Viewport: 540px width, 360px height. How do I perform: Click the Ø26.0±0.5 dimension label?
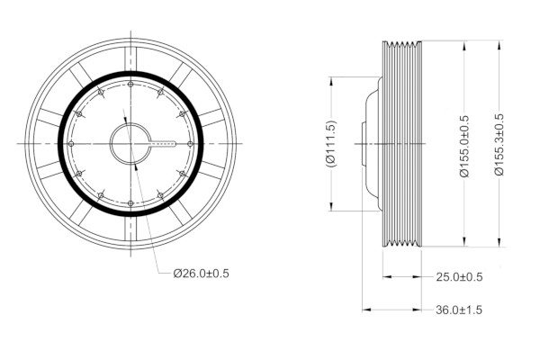[201, 274]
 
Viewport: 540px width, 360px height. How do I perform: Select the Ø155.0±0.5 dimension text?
[464, 146]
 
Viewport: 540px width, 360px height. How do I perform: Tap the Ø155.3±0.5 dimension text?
[499, 145]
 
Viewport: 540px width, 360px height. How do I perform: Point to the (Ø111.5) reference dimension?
[331, 144]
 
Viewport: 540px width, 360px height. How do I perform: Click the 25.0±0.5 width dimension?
[459, 277]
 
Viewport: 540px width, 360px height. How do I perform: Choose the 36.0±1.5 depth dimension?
[459, 310]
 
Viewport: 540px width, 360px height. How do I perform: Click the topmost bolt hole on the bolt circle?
[130, 84]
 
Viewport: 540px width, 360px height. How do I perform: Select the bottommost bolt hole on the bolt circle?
[130, 203]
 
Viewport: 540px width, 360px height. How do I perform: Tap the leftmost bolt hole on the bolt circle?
[71, 144]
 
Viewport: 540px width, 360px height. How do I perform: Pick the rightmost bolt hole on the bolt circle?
[190, 144]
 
